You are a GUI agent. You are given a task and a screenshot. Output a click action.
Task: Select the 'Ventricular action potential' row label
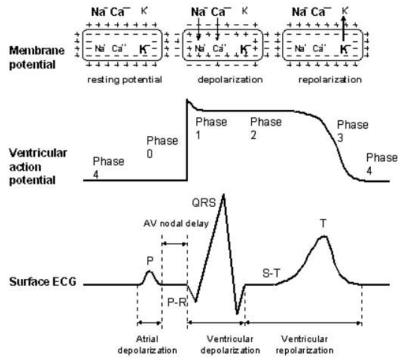click(38, 166)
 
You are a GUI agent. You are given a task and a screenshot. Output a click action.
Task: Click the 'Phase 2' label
click(265, 128)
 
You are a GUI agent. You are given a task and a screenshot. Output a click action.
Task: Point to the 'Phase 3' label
click(353, 131)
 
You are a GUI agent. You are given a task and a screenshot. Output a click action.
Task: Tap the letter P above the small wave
click(149, 260)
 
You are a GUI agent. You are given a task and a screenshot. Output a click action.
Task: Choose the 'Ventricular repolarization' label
click(307, 344)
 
